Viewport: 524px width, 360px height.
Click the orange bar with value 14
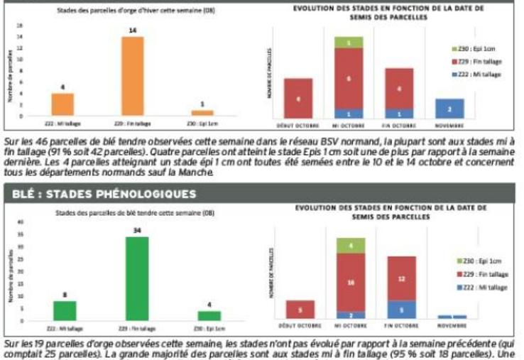tap(133, 75)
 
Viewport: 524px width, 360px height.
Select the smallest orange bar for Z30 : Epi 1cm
tap(202, 112)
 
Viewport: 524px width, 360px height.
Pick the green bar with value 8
tap(65, 310)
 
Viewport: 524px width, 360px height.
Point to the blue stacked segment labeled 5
tap(402, 310)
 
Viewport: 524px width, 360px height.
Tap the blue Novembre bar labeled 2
tap(449, 108)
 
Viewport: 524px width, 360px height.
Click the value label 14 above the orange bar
tap(133, 31)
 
